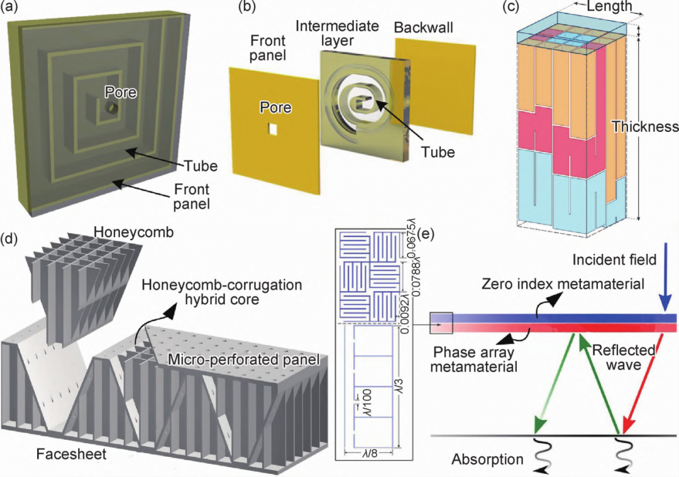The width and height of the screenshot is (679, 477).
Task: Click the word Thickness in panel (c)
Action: (x=644, y=126)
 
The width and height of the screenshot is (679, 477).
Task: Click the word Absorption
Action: (x=487, y=459)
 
